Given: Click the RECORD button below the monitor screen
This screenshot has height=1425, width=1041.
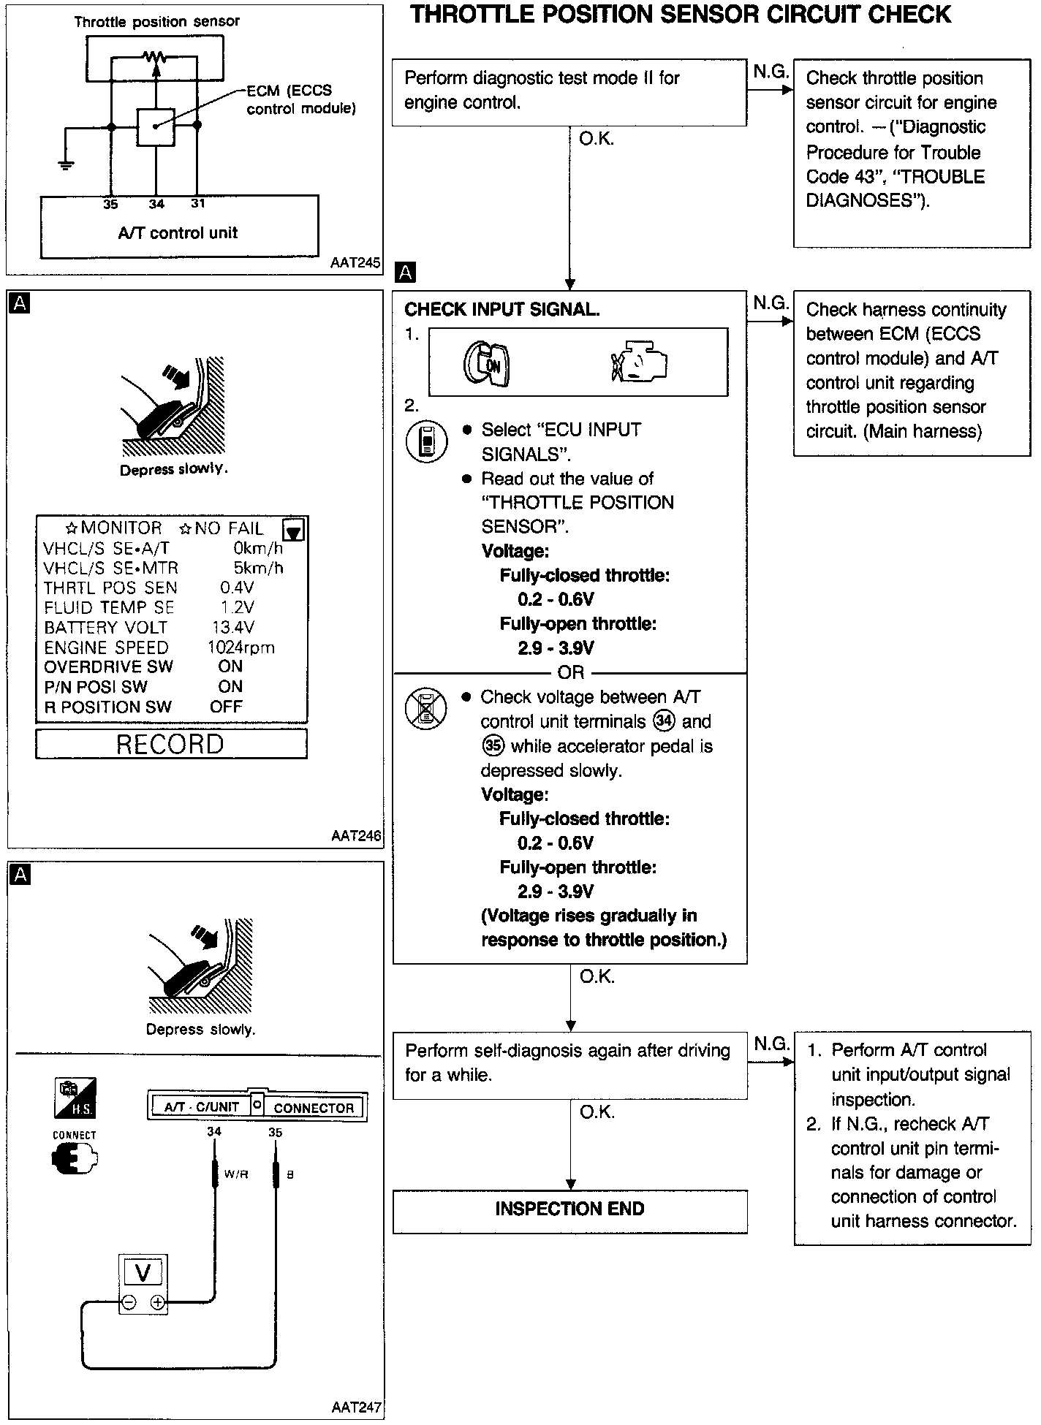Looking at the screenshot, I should click(171, 744).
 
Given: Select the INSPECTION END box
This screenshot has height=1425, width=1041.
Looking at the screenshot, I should click(569, 1209).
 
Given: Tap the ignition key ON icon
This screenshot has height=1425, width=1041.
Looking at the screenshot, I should click(486, 363).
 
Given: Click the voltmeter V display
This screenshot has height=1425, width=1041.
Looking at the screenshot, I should click(143, 1274).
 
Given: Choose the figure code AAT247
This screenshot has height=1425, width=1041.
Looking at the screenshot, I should click(357, 1407).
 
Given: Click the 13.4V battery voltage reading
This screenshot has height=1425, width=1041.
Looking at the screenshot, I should click(232, 627).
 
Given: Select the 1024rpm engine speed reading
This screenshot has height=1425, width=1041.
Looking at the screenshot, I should click(241, 647).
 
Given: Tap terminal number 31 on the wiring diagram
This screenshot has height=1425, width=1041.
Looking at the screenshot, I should click(198, 204).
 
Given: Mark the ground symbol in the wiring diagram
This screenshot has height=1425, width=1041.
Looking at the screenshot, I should click(66, 164).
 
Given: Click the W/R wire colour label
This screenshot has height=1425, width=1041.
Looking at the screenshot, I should click(236, 1175).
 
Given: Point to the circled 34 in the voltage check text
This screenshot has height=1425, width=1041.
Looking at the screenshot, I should click(664, 721).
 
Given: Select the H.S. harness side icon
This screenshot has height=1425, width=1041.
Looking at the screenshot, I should click(75, 1098).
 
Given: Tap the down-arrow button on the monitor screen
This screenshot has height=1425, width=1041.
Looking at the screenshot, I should click(294, 531).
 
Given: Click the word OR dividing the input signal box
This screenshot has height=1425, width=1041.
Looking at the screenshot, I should click(571, 672).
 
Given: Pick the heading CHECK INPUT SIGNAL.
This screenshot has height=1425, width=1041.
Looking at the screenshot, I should click(501, 310).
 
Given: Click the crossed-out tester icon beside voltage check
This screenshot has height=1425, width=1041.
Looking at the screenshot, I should click(426, 707).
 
